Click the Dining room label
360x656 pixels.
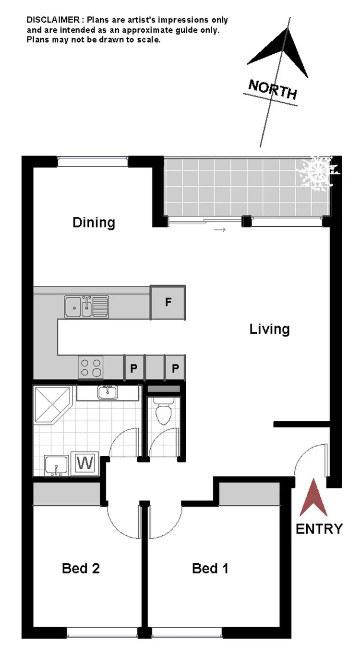[94, 222]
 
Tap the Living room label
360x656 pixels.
[269, 329]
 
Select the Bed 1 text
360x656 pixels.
[210, 569]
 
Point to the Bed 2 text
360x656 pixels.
[81, 569]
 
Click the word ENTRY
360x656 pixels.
[319, 529]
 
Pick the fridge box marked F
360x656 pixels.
[168, 303]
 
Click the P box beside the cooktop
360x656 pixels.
[134, 368]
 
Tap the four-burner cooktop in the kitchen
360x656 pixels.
[91, 368]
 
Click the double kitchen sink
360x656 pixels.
[86, 306]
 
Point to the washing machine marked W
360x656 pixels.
[85, 463]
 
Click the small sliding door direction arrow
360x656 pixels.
[219, 230]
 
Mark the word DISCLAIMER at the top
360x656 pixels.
[52, 20]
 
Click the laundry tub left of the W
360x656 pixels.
[56, 466]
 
